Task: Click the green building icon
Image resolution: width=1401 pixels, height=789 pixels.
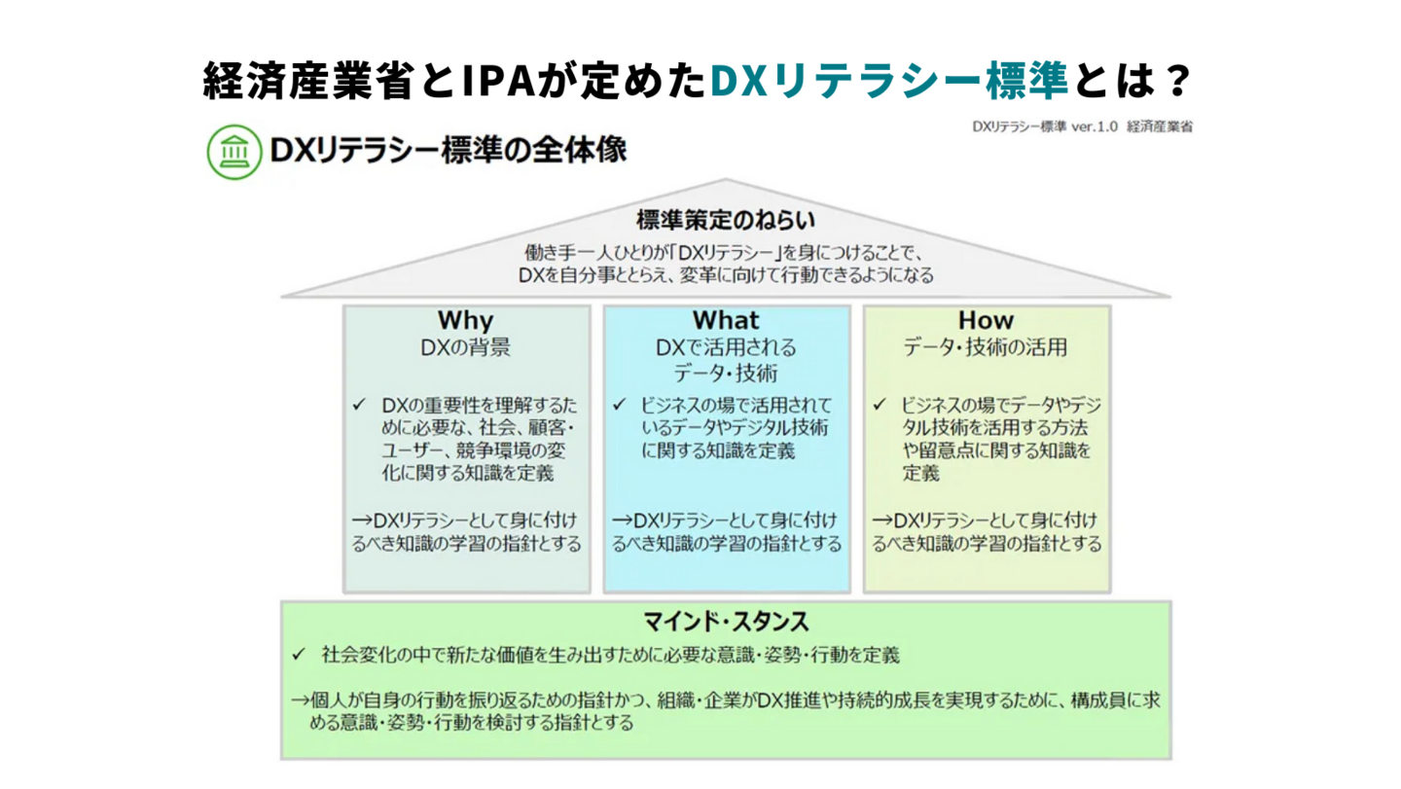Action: coord(234,152)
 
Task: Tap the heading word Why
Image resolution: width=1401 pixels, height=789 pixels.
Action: coord(466,321)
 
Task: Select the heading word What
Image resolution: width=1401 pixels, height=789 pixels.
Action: coord(726,320)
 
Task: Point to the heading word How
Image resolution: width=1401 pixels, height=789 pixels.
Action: coord(986,320)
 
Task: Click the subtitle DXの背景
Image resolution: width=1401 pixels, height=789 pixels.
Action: coord(465,347)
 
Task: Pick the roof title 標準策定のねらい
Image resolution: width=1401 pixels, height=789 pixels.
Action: coord(726,220)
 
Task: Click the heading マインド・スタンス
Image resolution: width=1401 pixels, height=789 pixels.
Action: coord(726,622)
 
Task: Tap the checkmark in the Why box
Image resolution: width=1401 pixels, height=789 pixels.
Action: coord(359,405)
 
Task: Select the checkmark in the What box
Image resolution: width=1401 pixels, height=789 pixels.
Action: coord(619,405)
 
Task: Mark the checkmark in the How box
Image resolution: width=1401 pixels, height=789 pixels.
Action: coord(880,405)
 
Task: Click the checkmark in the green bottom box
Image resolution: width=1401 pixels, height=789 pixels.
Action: coord(299,654)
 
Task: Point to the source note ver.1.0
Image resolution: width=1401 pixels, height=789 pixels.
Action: coord(1095,126)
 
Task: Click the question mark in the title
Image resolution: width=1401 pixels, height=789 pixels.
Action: coord(1179,81)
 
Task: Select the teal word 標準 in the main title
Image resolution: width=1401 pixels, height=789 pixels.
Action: coord(1027,81)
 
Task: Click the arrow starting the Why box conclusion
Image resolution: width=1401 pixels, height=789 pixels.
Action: coord(363,520)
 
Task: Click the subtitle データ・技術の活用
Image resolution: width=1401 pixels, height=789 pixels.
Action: coord(986,347)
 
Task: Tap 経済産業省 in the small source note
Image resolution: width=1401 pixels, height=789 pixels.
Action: coord(1160,126)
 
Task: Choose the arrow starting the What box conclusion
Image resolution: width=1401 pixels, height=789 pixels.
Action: coord(623,520)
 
